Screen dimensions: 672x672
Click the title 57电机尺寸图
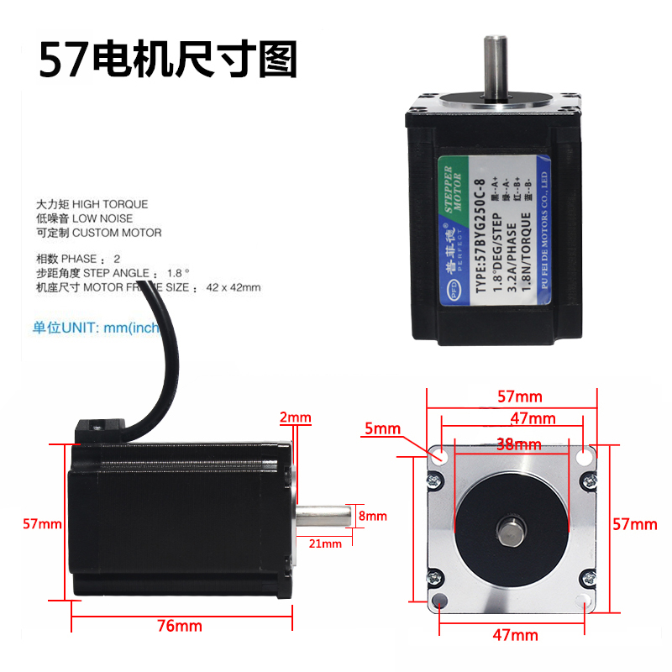[x=169, y=60]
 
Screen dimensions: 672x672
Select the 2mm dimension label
[x=295, y=417]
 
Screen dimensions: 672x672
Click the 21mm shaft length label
[x=326, y=543]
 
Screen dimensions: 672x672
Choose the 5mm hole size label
[x=382, y=429]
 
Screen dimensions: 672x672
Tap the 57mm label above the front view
[x=518, y=396]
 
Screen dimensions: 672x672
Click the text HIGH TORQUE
[x=109, y=204]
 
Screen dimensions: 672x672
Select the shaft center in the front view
[x=510, y=529]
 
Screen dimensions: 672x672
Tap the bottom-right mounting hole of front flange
[x=585, y=601]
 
